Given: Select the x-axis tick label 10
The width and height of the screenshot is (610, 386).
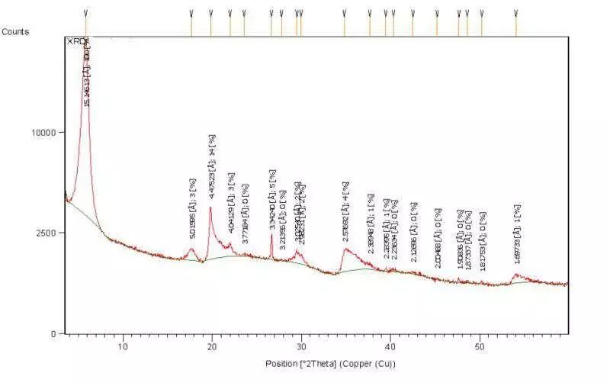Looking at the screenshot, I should (x=122, y=348).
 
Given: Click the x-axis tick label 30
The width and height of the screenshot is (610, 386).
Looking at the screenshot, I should (x=301, y=348).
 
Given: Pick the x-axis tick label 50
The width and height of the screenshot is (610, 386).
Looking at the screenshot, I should (x=480, y=348).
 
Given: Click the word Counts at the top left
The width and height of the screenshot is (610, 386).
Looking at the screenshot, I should (x=15, y=31).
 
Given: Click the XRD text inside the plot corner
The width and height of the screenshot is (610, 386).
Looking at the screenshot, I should (x=77, y=41).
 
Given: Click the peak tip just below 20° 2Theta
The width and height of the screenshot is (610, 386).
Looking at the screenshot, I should (x=210, y=207).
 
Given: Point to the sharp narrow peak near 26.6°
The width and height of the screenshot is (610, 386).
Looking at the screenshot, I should (x=271, y=234).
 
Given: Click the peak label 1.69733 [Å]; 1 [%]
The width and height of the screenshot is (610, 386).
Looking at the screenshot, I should (x=518, y=235).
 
